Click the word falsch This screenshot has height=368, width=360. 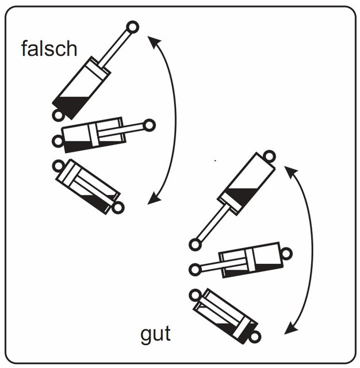tap(49, 48)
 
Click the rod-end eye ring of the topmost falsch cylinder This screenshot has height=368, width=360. tap(133, 27)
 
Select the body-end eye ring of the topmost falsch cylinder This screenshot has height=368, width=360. tap(58, 116)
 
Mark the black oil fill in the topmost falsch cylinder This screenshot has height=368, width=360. tap(70, 105)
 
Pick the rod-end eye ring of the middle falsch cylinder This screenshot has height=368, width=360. tap(149, 125)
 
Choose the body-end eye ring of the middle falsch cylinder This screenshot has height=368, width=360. tap(58, 141)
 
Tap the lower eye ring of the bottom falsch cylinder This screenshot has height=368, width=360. tap(118, 208)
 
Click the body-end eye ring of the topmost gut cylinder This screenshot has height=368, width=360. tap(269, 156)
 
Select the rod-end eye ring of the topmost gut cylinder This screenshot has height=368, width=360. tap(196, 244)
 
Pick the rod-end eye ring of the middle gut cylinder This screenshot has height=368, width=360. tap(196, 270)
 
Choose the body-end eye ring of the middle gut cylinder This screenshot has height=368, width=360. tap(286, 254)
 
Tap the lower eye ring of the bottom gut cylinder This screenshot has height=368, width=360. tap(255, 338)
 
